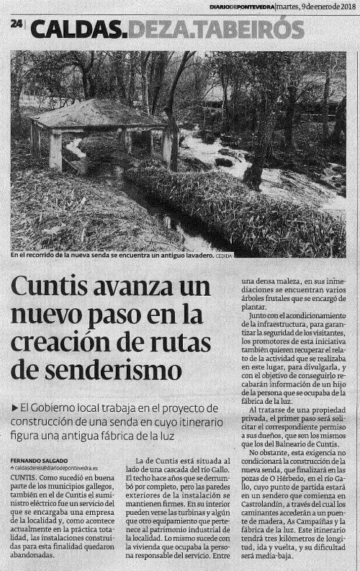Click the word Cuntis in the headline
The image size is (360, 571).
point(52,289)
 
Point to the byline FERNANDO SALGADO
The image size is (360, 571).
point(40,459)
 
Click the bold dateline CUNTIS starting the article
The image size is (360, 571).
point(24,477)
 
